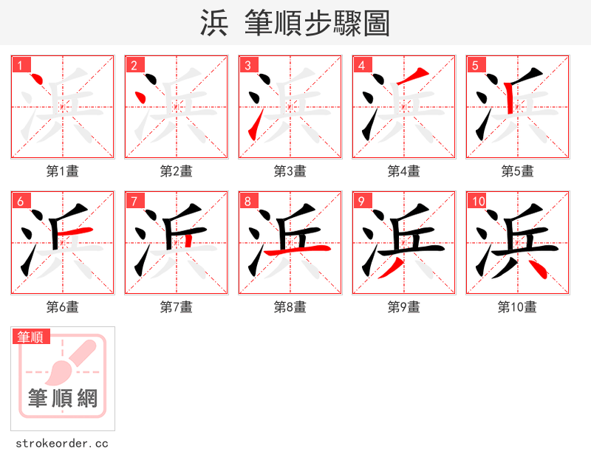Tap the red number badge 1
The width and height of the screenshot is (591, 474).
[x=20, y=65]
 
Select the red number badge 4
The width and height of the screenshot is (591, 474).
[x=361, y=65]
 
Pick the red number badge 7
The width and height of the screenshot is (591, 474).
[x=134, y=201]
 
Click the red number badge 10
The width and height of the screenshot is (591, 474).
[x=478, y=201]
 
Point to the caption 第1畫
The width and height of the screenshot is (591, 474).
[x=63, y=171]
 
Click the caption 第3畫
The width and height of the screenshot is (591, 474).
[x=290, y=171]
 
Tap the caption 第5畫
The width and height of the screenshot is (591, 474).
[x=518, y=171]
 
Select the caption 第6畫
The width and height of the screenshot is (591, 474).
[x=63, y=306]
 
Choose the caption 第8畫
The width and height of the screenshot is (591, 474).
[x=290, y=306]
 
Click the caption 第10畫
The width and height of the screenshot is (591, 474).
[x=518, y=306]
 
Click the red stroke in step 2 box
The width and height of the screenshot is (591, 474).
[x=138, y=98]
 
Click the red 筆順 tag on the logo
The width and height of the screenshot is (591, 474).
[x=30, y=337]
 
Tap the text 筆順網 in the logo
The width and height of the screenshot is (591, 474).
[x=63, y=399]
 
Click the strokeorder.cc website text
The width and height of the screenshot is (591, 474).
[x=63, y=444]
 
